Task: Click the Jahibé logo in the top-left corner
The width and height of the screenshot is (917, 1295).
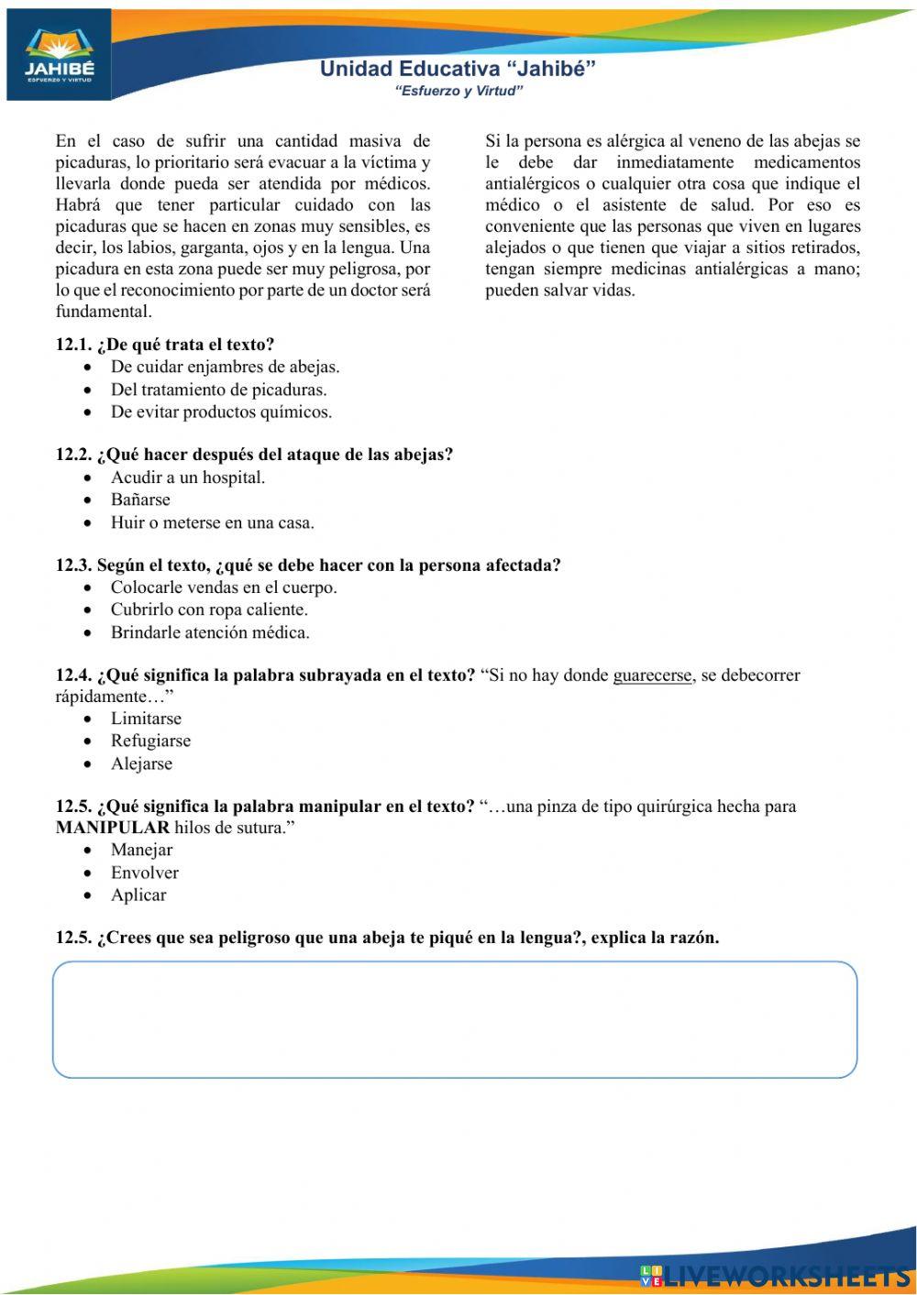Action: tap(59, 55)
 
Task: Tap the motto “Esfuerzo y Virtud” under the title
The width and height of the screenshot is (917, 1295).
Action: tap(458, 91)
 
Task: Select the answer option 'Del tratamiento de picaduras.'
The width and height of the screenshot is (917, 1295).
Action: tap(218, 390)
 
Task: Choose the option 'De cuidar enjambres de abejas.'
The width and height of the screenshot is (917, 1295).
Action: tap(225, 367)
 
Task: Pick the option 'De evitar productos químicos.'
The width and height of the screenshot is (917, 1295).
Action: tap(221, 412)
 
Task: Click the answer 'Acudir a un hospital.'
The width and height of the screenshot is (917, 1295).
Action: tap(188, 477)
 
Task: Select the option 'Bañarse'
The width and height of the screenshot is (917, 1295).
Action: tap(140, 499)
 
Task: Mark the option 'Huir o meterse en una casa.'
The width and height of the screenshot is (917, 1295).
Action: tap(212, 523)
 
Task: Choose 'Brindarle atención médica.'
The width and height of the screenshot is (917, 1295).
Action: tap(210, 632)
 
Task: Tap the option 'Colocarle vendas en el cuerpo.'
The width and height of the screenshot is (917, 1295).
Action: tap(224, 587)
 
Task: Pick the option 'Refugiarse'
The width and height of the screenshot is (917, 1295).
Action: tap(150, 741)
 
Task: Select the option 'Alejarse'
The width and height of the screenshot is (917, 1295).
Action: tap(141, 763)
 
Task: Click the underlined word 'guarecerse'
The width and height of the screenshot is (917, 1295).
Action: tap(652, 675)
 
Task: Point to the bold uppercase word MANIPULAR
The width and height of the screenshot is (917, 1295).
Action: tap(113, 828)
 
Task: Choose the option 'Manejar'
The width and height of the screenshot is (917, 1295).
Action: tap(141, 850)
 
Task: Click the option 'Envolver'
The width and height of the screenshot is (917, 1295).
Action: tap(144, 872)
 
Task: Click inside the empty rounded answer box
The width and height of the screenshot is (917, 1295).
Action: tap(455, 1019)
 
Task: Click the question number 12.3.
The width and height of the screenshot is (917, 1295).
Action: tap(73, 565)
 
